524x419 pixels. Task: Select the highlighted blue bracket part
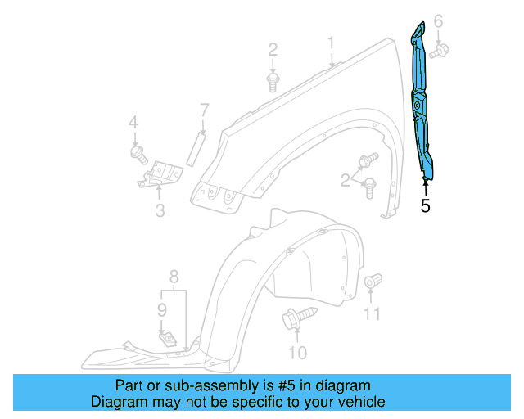pyautogui.click(x=423, y=106)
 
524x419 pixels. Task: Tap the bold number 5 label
pyautogui.click(x=425, y=205)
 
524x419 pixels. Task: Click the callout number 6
pyautogui.click(x=438, y=20)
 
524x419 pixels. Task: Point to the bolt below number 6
pyautogui.click(x=437, y=51)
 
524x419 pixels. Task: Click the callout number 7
pyautogui.click(x=205, y=109)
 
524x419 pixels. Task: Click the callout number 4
pyautogui.click(x=133, y=124)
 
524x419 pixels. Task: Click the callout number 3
pyautogui.click(x=160, y=210)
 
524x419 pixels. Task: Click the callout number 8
pyautogui.click(x=174, y=275)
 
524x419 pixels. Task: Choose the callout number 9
pyautogui.click(x=162, y=309)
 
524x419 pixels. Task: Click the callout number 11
pyautogui.click(x=373, y=313)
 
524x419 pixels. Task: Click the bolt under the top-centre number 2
pyautogui.click(x=273, y=80)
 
